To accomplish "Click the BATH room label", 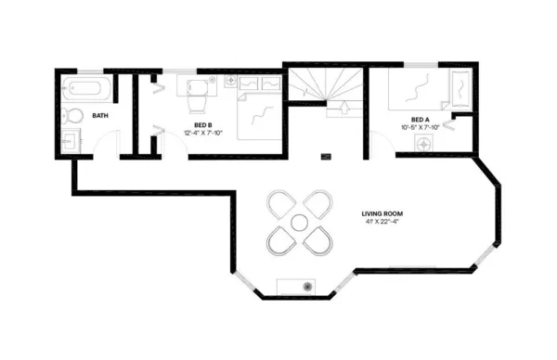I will (x=99, y=116).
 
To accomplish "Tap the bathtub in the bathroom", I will (x=86, y=91).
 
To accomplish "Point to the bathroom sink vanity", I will (x=70, y=141).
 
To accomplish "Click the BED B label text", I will (x=203, y=124).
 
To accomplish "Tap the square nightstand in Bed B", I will (x=231, y=81).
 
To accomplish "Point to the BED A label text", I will (x=421, y=119).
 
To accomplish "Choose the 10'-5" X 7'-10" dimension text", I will (x=421, y=127).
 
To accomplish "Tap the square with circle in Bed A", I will (x=425, y=144).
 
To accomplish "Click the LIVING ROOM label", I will (x=381, y=214).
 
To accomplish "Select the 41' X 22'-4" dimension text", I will (x=381, y=223).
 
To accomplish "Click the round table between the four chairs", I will (x=299, y=223).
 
